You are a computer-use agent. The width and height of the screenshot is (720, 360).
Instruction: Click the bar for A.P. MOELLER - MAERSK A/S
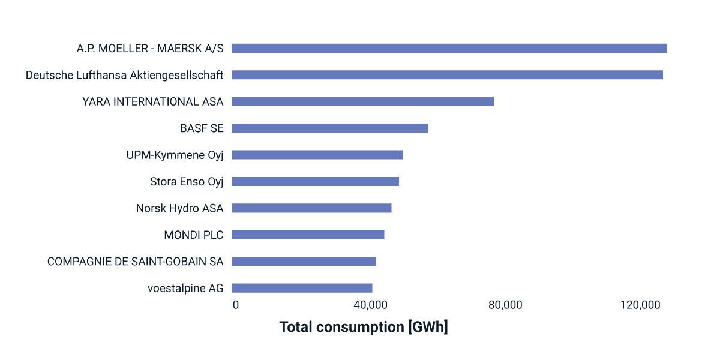[x=449, y=49]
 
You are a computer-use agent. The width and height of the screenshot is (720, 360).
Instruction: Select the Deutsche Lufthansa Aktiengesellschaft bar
[x=447, y=75]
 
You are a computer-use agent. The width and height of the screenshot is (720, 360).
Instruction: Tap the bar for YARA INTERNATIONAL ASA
[x=362, y=101]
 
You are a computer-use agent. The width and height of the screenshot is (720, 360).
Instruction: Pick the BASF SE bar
[x=329, y=128]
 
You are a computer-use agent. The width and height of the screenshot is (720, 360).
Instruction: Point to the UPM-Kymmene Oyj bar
[x=317, y=155]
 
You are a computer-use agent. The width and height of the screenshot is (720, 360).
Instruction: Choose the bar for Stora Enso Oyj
[x=315, y=181]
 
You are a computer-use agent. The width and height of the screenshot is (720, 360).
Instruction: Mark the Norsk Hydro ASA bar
[x=311, y=208]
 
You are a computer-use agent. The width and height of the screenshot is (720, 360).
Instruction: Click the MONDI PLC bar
[x=308, y=235]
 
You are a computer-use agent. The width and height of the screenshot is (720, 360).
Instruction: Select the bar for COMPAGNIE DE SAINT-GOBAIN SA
[x=304, y=262]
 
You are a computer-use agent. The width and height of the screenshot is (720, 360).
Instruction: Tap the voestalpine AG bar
[x=302, y=288]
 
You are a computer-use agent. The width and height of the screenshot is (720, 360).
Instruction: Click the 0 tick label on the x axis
[x=236, y=305]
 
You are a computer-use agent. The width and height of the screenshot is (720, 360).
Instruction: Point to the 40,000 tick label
[x=370, y=305]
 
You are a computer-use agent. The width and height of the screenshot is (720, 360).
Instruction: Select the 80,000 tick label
[x=505, y=305]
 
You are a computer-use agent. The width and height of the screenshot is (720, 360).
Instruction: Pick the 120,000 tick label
[x=640, y=305]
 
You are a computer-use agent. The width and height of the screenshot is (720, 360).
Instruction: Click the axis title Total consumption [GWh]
[x=364, y=328]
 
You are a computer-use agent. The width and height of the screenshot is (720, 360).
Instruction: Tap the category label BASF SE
[x=202, y=128]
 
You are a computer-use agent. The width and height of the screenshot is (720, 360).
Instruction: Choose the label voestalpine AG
[x=185, y=289]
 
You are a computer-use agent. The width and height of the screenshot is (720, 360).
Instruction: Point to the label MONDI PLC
[x=193, y=235]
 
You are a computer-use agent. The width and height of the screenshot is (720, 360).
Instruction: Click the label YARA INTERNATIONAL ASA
[x=153, y=102]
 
